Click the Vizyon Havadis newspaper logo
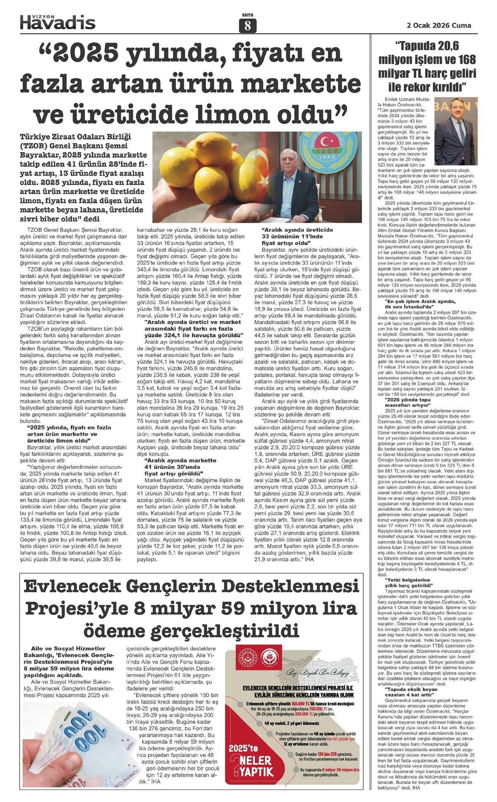(x=58, y=22)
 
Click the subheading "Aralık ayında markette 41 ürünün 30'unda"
(x=180, y=466)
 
